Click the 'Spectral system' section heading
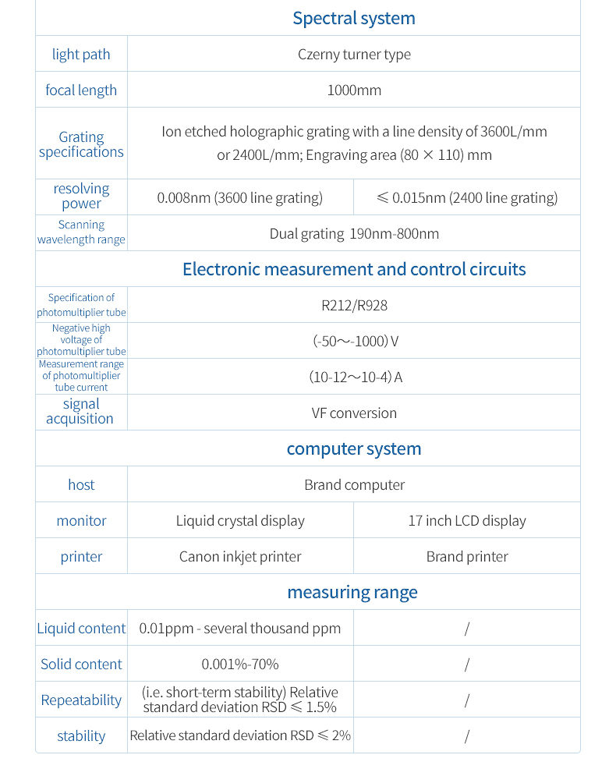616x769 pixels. pos(353,18)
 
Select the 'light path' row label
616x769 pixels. pos(81,55)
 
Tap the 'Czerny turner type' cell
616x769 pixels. pos(354,55)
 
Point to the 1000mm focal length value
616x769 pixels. pos(354,90)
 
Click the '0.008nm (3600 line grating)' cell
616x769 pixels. pos(239,198)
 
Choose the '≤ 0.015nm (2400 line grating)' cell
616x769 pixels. pos(467,198)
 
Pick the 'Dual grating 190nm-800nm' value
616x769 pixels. pos(354,234)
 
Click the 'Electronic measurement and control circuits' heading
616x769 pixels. pos(354,270)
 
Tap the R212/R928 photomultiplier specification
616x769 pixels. pos(354,305)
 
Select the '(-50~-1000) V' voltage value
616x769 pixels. pos(354,342)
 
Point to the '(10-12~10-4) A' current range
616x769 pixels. pos(355,377)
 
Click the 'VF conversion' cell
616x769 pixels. pos(354,413)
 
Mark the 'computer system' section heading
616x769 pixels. pos(353,449)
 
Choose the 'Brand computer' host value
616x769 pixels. pos(354,485)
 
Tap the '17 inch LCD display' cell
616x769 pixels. pos(467,521)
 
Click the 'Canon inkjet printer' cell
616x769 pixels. pos(240,557)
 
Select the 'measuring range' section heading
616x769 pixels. pos(352,593)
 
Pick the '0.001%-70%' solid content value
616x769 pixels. pos(240,664)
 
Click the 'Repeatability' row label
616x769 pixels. pos(81,700)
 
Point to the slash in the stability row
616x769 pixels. pos(467,736)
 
